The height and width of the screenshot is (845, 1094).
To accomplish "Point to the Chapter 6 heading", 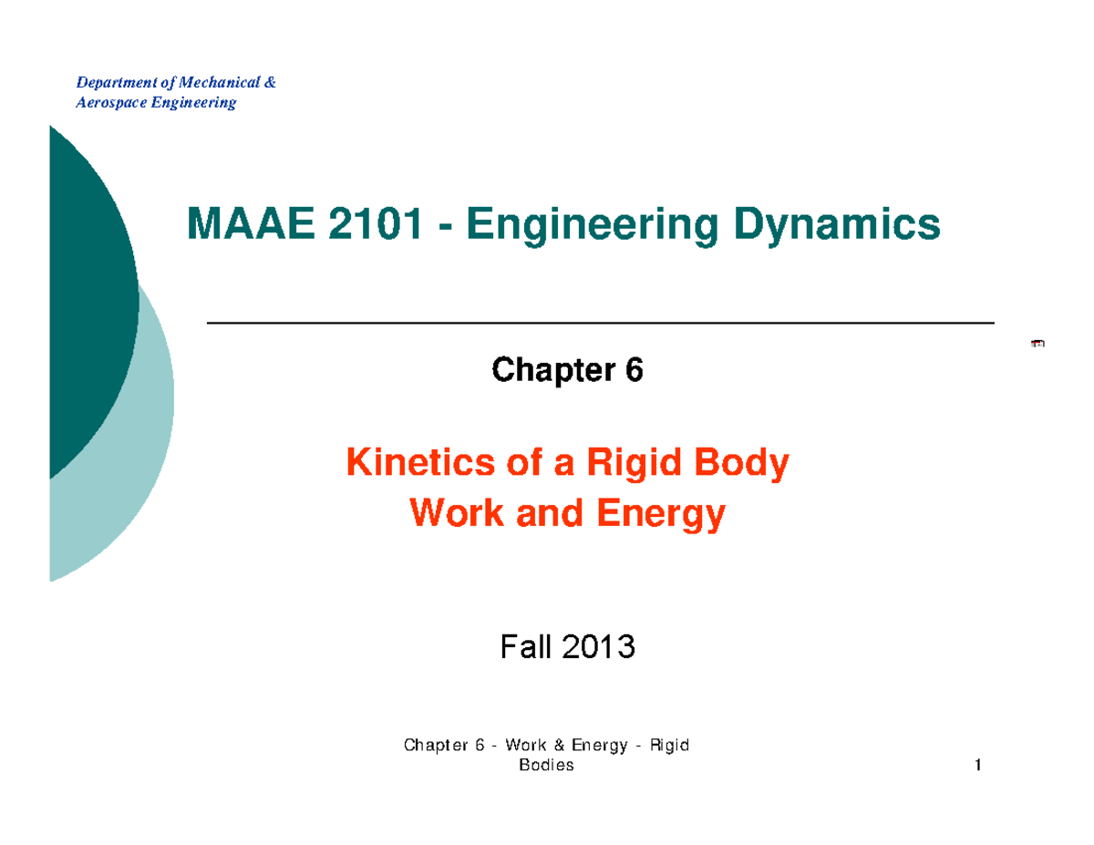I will (567, 370).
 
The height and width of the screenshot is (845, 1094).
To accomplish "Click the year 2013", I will (598, 648).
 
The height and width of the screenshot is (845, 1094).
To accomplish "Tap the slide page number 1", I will (976, 766).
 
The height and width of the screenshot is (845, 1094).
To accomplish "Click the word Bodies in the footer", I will (546, 766).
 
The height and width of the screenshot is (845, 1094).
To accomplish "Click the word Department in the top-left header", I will (110, 84).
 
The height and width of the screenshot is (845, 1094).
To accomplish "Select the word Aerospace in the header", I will (108, 102).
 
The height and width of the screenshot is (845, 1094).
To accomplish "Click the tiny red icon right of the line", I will (1037, 343).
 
